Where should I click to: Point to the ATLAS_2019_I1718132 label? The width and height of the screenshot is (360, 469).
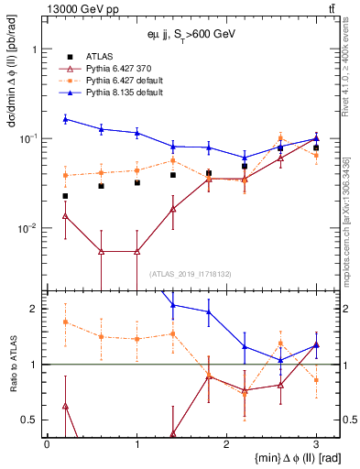tap(190, 273)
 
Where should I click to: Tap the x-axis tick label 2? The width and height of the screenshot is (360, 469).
tap(226, 442)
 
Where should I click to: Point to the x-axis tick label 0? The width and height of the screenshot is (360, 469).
tap(47, 442)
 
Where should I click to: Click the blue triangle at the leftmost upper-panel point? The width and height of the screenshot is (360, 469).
tap(65, 119)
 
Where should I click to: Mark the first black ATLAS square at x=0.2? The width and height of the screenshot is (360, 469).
tap(65, 196)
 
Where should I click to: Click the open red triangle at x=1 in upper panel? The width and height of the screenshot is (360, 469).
tap(136, 251)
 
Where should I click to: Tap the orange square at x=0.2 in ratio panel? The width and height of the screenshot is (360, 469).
tap(65, 322)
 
